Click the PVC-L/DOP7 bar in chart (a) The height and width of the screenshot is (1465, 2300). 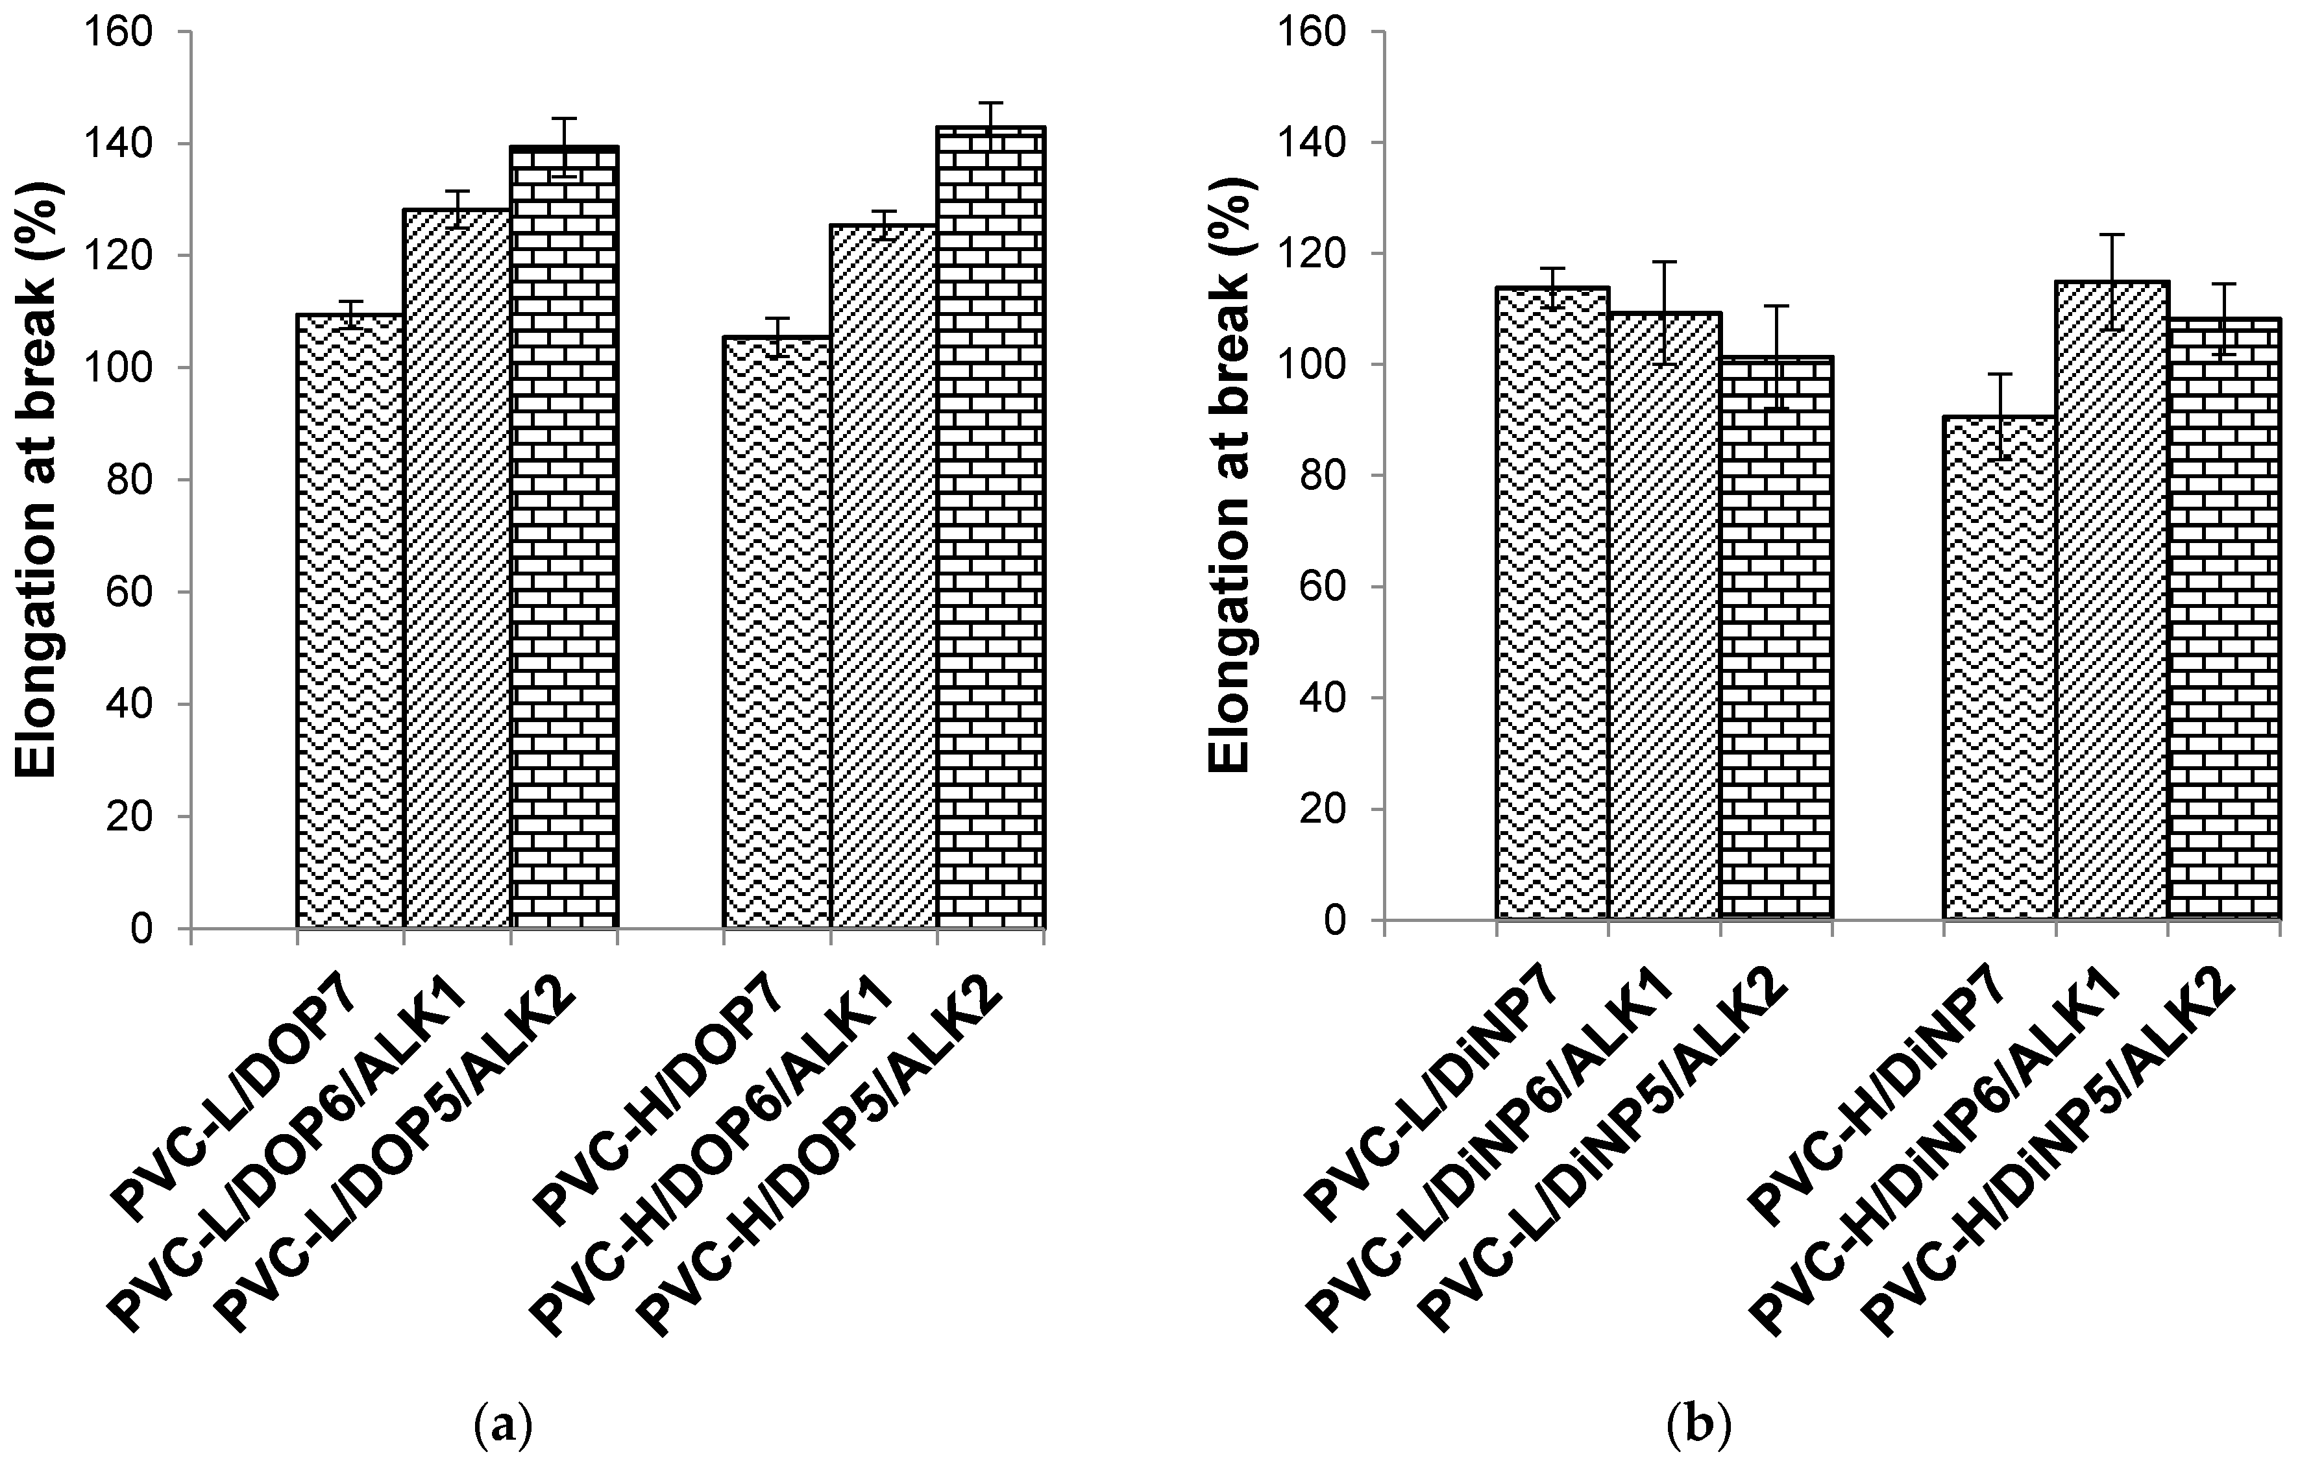[350, 621]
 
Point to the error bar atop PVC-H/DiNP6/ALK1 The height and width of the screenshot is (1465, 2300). [2111, 281]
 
